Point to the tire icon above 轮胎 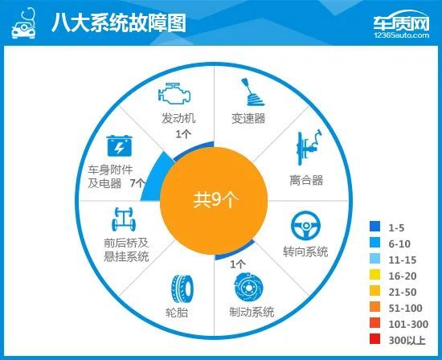pos(178,288)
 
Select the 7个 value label pos(137,183)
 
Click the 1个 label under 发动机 pos(183,133)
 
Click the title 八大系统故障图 pos(118,22)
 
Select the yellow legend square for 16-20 pos(374,274)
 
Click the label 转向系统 pos(306,252)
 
